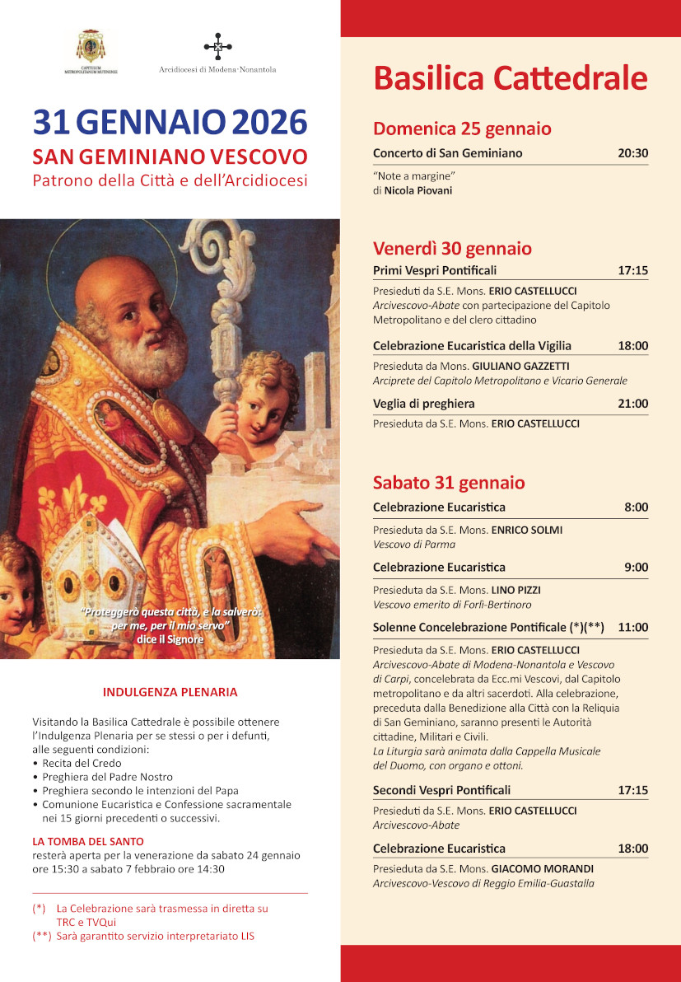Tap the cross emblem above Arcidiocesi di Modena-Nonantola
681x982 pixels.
tap(217, 47)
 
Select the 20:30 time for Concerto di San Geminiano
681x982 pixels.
tap(633, 153)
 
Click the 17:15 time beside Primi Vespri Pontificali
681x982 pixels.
tap(633, 270)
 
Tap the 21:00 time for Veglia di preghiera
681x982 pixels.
tap(633, 404)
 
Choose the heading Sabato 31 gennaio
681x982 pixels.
tap(449, 483)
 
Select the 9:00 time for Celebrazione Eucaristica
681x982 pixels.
tap(636, 567)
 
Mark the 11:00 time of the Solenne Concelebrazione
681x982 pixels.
tap(633, 627)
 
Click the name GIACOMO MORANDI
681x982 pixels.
tap(543, 868)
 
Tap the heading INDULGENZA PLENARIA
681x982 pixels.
tap(170, 692)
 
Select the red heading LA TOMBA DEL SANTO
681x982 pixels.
tap(88, 841)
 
